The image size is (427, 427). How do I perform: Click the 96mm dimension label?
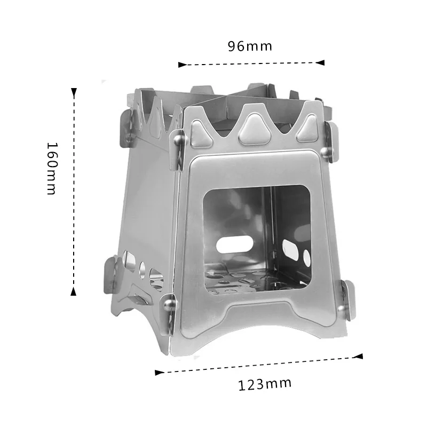pos(250,46)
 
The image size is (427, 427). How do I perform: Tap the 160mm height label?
pos(51,168)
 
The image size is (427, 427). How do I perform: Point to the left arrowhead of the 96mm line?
pos(181,65)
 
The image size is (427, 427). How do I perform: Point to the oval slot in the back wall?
pos(234,244)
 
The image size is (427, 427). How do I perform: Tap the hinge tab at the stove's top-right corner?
pos(332,141)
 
